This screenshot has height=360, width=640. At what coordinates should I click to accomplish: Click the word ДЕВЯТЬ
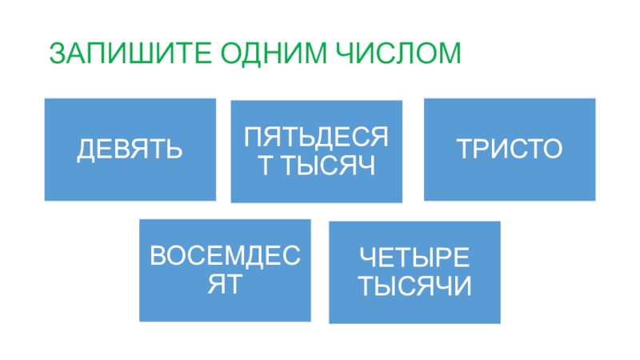(130, 150)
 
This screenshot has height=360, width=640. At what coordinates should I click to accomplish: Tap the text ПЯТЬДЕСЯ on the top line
(316, 137)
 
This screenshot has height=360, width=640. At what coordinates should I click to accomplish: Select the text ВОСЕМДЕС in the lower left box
(225, 257)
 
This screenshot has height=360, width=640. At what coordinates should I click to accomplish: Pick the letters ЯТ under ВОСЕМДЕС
(225, 284)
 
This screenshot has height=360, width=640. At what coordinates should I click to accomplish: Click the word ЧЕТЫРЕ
(414, 258)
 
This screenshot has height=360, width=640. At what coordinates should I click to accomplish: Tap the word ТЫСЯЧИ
(414, 286)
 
